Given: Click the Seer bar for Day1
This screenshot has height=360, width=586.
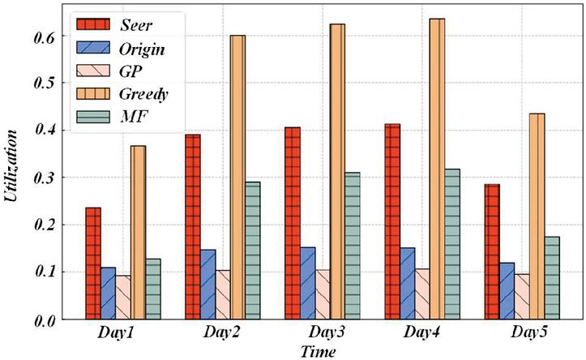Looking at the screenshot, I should [92, 263].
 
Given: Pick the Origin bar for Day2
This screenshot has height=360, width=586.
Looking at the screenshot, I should [207, 285].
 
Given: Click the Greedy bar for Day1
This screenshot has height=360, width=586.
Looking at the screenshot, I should [139, 232].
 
